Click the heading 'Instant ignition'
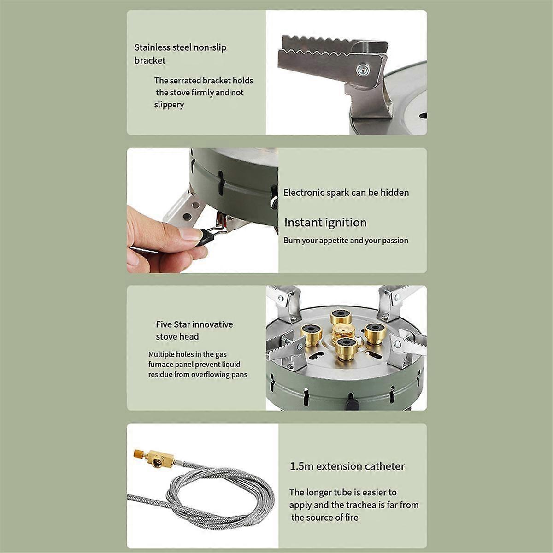click(325, 223)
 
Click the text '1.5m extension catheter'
click(347, 466)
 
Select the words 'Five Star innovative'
click(194, 324)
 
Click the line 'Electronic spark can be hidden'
click(346, 193)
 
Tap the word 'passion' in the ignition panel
click(394, 241)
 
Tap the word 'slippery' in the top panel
click(169, 105)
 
